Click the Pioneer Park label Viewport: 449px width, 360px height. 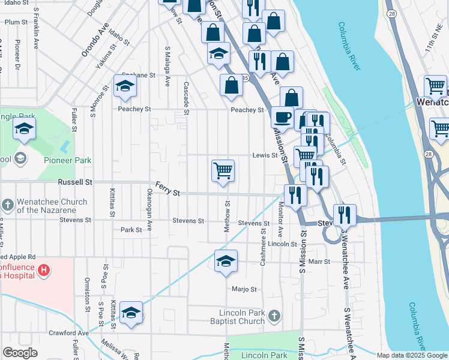[x=67, y=160]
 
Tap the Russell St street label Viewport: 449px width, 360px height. [x=75, y=181]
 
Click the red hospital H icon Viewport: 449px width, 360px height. [x=43, y=271]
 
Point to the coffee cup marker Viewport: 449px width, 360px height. [x=282, y=117]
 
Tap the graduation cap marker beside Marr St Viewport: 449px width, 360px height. [x=226, y=262]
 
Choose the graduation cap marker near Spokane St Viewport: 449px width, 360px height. [x=125, y=86]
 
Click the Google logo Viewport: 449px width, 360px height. [x=20, y=353]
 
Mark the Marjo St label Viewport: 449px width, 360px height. [x=244, y=289]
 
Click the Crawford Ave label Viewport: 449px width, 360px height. [x=68, y=333]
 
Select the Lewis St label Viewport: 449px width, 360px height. [x=265, y=155]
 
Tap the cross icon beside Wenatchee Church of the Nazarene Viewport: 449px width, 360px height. [x=7, y=206]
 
